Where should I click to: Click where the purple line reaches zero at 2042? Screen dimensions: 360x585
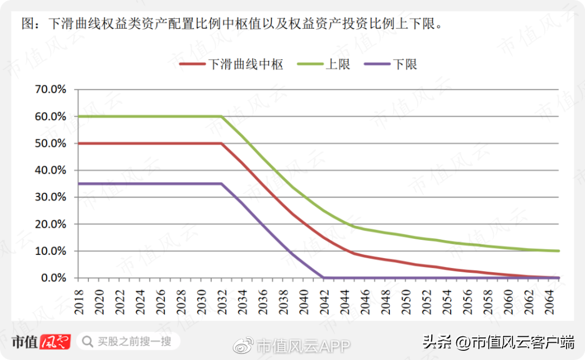pos(323,278)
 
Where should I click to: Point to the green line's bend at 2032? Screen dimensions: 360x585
pos(221,116)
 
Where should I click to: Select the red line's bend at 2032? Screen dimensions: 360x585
pos(221,143)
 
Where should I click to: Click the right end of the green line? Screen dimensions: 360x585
pos(558,251)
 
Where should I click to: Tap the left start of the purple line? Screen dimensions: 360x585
pos(79,184)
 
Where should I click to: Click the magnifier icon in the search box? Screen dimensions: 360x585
pos(87,342)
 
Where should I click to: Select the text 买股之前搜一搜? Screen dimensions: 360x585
pos(134,342)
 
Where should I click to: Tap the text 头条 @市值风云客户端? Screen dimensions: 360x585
pos(498,342)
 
